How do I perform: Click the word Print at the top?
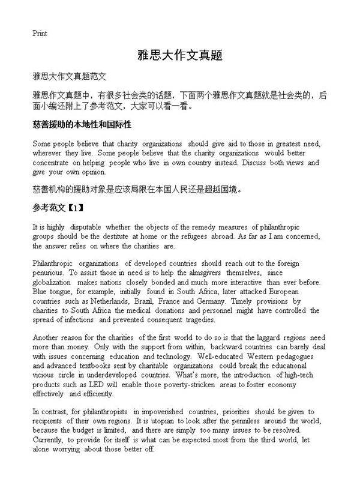point(40,33)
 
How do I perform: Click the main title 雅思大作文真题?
point(180,55)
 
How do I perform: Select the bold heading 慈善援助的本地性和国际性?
point(82,124)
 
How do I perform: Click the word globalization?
point(52,282)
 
